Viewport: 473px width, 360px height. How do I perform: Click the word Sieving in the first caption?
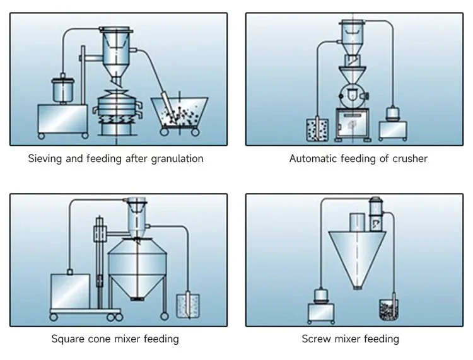[46, 159]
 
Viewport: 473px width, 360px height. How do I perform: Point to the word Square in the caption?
[68, 339]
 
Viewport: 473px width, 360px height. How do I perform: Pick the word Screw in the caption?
[316, 339]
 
